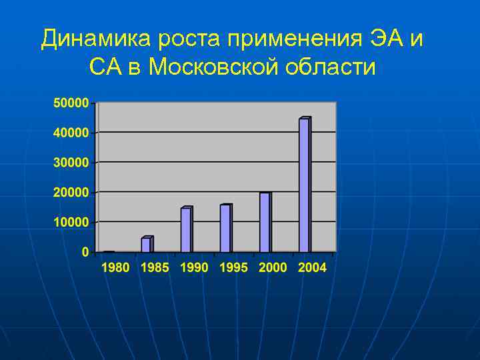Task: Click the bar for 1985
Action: (x=147, y=245)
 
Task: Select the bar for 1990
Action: (x=186, y=230)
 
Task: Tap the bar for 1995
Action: (x=225, y=229)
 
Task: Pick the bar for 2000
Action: (x=265, y=223)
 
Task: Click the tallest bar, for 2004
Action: (x=304, y=185)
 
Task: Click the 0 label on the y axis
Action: (x=85, y=252)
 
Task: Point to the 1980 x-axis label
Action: (x=115, y=268)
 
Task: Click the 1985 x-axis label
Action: (x=155, y=268)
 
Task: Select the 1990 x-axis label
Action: (x=194, y=268)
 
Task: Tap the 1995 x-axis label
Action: (x=233, y=268)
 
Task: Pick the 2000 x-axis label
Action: (x=273, y=268)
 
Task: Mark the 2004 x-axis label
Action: (x=312, y=268)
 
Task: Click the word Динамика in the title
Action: (x=95, y=40)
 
